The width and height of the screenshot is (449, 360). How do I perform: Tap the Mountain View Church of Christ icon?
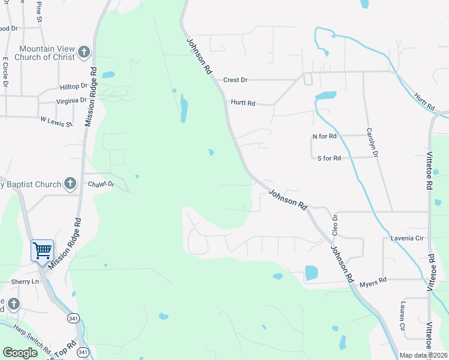pyautogui.click(x=83, y=52)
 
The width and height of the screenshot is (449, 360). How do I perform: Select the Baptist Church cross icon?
pyautogui.click(x=70, y=184)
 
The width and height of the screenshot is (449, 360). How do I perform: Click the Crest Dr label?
pyautogui.click(x=235, y=80)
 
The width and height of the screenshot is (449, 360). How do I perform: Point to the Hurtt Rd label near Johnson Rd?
pyautogui.click(x=243, y=103)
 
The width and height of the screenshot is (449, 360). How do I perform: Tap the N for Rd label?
pyautogui.click(x=325, y=136)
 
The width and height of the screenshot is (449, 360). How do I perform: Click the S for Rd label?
pyautogui.click(x=329, y=158)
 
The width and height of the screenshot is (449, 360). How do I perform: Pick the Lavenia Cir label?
pyautogui.click(x=408, y=238)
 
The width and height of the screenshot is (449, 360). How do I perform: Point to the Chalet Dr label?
pyautogui.click(x=101, y=184)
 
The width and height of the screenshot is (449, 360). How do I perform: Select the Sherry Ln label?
pyautogui.click(x=25, y=281)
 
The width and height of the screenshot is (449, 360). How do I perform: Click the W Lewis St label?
pyautogui.click(x=56, y=122)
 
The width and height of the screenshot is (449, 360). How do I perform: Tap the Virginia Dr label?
pyautogui.click(x=71, y=101)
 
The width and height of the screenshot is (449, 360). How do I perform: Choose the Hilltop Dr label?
pyautogui.click(x=73, y=87)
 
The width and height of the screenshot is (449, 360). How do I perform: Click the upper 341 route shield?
pyautogui.click(x=73, y=317)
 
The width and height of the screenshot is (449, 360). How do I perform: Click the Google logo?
pyautogui.click(x=20, y=353)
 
